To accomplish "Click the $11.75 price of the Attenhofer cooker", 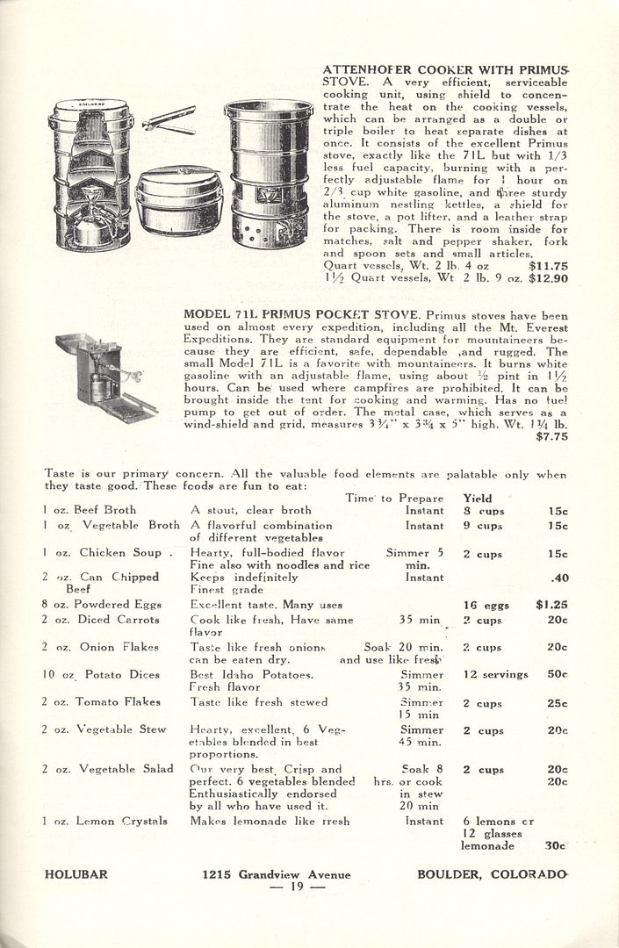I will [549, 263].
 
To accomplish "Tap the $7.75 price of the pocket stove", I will [551, 436].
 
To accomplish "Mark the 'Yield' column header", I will [478, 498].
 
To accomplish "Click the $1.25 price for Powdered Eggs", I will [551, 604].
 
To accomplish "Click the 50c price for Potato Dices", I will [557, 674].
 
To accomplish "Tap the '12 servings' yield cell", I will [496, 674].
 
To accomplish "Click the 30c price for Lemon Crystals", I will [555, 846].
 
